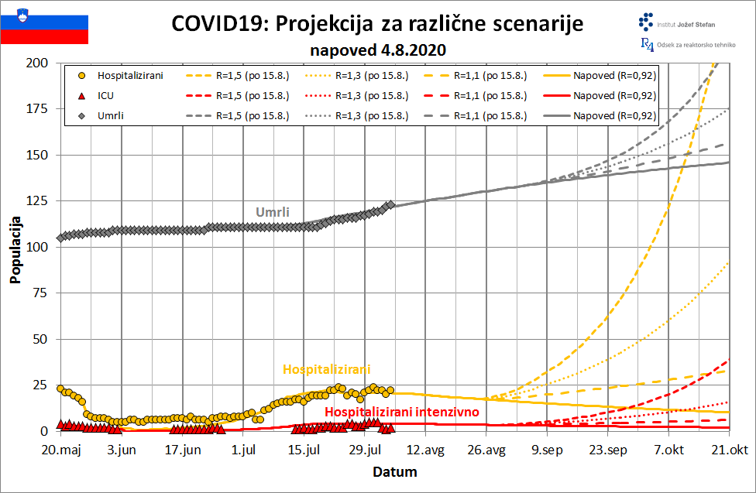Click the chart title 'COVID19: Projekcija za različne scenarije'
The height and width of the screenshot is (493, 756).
[377, 23]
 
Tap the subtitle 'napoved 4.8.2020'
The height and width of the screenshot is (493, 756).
[378, 50]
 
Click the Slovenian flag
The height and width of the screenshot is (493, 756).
[44, 26]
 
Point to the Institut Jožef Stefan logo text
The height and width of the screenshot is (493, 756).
[686, 25]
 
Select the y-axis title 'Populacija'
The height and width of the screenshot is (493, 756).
[15, 250]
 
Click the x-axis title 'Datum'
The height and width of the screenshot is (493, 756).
[395, 472]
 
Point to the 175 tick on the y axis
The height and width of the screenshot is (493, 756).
[37, 109]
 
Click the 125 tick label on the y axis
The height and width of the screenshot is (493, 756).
[37, 201]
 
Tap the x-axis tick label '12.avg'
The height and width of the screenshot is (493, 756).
[425, 450]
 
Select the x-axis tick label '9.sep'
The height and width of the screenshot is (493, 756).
[547, 450]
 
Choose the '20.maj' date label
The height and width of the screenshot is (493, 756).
[61, 450]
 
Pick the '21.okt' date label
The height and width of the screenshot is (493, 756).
[729, 450]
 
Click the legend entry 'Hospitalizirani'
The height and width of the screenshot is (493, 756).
[130, 76]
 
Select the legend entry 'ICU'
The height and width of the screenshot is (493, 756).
[105, 96]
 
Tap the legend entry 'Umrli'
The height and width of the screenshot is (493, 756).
[111, 116]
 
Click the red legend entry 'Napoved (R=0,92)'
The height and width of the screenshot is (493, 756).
[615, 96]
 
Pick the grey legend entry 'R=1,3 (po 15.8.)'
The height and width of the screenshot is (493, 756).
[372, 116]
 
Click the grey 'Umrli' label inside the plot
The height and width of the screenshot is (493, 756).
[273, 212]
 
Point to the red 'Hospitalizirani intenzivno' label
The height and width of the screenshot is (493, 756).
[401, 412]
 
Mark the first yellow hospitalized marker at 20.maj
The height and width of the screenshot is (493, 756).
[60, 389]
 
